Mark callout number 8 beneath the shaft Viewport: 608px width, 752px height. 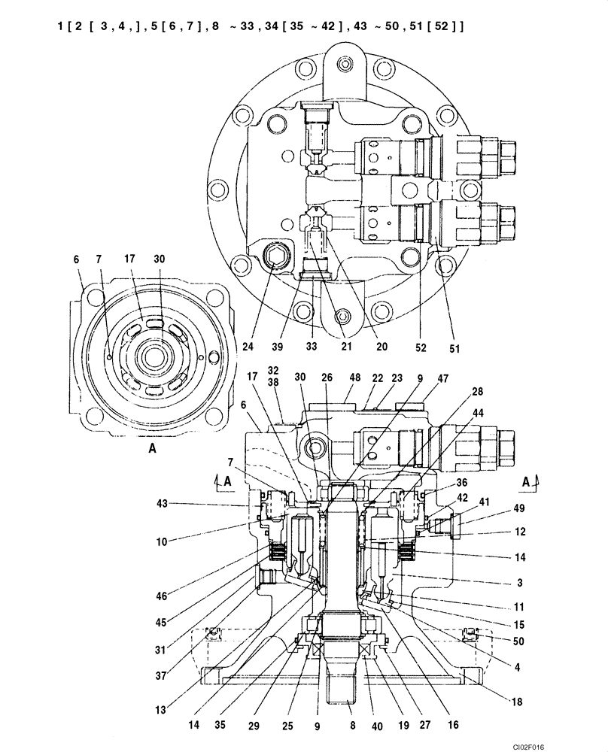(x=352, y=728)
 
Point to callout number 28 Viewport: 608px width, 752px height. (x=477, y=392)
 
